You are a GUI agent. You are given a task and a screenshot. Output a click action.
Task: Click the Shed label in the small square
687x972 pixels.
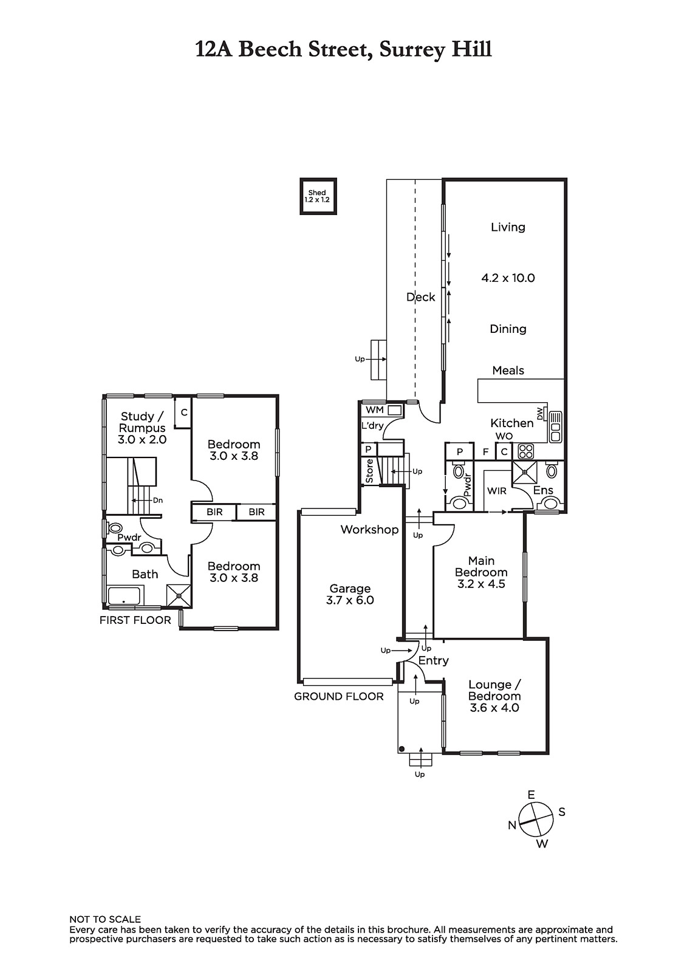coord(317,193)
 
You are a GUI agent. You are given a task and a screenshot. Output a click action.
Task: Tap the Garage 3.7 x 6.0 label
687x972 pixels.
coord(350,594)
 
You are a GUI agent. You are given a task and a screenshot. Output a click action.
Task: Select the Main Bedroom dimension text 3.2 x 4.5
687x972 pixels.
coord(481,584)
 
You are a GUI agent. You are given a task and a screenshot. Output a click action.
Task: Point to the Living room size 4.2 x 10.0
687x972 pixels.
coord(508,278)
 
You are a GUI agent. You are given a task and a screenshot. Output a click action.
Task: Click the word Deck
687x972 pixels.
coord(420,297)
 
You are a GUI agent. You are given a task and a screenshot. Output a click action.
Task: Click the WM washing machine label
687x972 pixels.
coord(375,409)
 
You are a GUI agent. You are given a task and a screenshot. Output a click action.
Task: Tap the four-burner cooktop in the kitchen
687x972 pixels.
coord(525,451)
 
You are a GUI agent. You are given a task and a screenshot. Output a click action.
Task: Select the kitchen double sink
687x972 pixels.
coord(556,426)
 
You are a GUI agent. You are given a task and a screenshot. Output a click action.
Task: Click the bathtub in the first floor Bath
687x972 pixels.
coord(124,596)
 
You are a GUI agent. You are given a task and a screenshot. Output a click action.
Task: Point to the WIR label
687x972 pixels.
coord(496,491)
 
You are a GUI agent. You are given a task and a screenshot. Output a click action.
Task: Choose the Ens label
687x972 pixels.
coord(543,490)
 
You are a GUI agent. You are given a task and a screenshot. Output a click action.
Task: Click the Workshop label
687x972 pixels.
coord(369,529)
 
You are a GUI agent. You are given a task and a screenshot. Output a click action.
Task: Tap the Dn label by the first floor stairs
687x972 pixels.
coord(157,501)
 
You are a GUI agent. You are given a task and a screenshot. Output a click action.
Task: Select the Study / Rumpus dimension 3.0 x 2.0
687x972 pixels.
coord(142,440)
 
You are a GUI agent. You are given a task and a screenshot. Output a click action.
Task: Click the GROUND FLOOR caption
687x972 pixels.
coord(338,696)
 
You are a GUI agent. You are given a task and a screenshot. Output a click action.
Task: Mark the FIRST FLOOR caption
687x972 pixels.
coord(135,620)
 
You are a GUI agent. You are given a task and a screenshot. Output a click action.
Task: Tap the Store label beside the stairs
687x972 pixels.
coord(369,471)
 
